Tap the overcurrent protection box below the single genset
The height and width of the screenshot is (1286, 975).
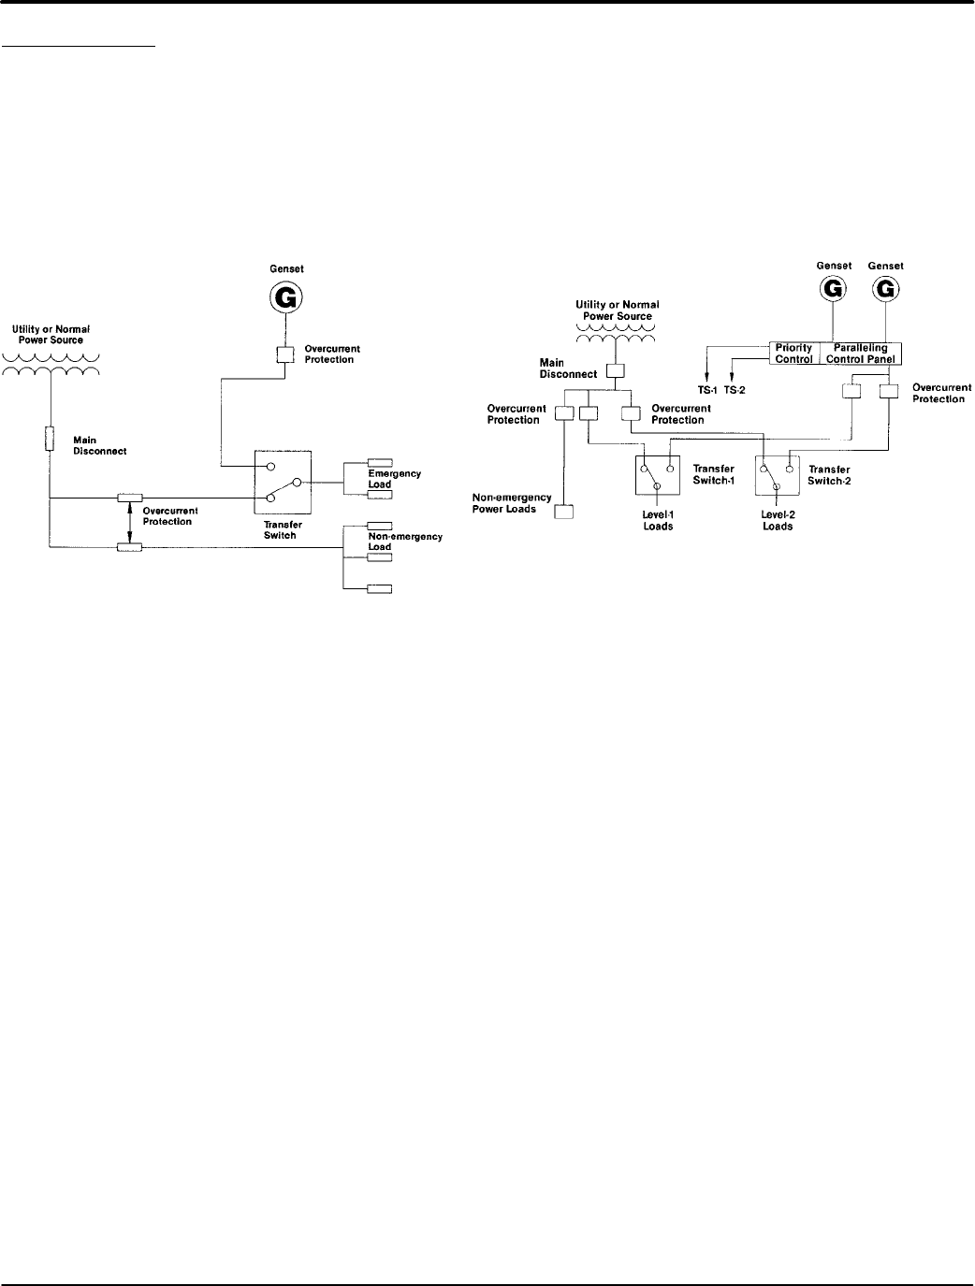coord(284,354)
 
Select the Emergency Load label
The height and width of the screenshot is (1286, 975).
coord(394,479)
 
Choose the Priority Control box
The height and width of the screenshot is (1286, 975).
coord(793,354)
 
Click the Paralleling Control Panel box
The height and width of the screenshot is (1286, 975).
coord(861,354)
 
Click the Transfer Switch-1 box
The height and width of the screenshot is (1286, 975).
coord(658,474)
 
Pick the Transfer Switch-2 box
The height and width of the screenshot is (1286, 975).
coord(777,474)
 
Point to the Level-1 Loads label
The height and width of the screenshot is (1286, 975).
coord(658,520)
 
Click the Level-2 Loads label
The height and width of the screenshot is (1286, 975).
coord(778,520)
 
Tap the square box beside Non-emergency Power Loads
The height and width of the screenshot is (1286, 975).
coord(563,511)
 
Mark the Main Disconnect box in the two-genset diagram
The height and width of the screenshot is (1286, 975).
coord(615,370)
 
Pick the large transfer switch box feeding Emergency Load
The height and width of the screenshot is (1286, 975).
coord(283,482)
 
